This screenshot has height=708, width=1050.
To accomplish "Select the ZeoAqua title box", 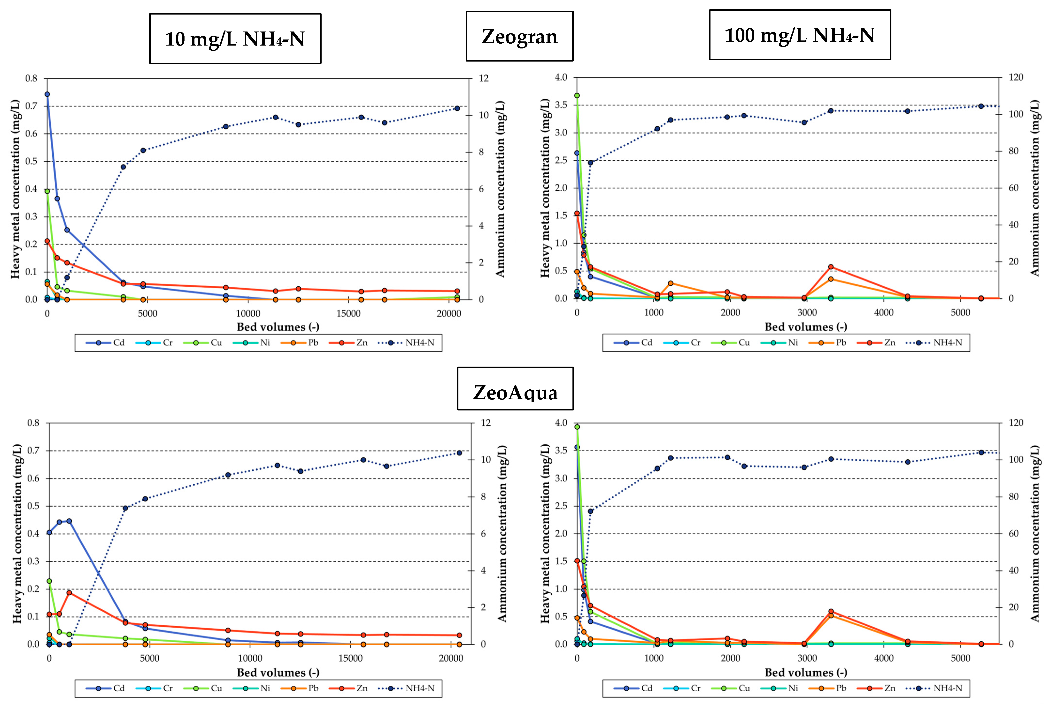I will coord(515,389).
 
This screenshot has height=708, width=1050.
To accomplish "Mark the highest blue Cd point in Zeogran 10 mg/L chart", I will coord(47,94).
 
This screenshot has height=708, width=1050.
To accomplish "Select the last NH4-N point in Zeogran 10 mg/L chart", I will coord(457,108).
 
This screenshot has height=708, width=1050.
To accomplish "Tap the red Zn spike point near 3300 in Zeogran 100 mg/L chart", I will coord(831,267).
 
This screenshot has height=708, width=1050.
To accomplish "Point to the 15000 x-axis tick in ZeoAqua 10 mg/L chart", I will coord(351,658).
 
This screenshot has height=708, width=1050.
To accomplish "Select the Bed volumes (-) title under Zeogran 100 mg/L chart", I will coord(805,327).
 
